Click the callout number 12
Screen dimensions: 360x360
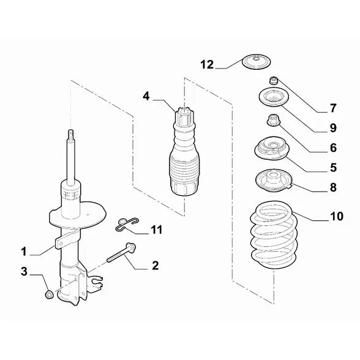click(x=207, y=64)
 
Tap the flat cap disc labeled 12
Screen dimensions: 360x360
click(x=257, y=62)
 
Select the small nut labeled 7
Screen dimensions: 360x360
click(x=273, y=80)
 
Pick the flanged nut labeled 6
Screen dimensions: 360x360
click(x=273, y=121)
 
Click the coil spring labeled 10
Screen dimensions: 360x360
click(x=273, y=235)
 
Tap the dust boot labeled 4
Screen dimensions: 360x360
click(x=184, y=152)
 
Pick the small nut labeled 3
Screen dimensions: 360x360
click(x=49, y=294)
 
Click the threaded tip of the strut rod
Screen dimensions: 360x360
click(x=71, y=135)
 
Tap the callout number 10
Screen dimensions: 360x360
click(x=337, y=216)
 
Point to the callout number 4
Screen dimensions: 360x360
click(x=146, y=96)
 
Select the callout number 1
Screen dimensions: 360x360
click(x=24, y=252)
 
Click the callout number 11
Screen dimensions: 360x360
click(x=156, y=230)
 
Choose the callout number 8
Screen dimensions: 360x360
click(x=333, y=187)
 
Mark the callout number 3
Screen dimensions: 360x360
click(x=24, y=272)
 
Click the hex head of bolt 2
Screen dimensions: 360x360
click(x=131, y=247)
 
